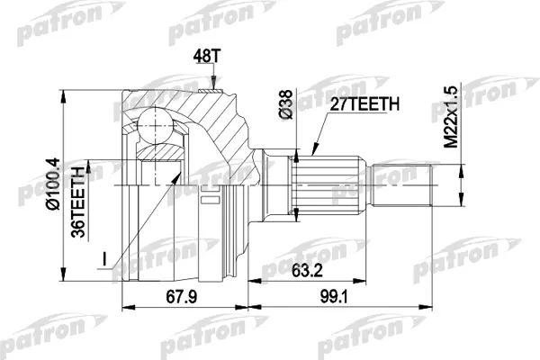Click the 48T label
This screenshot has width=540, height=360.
(x=206, y=57)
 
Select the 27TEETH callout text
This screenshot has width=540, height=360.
(x=364, y=104)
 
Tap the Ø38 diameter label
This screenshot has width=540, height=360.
(x=286, y=104)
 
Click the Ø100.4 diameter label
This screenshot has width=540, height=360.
(x=53, y=184)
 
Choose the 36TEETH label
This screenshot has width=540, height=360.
(x=78, y=202)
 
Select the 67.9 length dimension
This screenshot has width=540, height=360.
(x=182, y=297)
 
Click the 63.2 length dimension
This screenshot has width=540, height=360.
(x=307, y=271)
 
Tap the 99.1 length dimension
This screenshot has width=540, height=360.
(x=334, y=297)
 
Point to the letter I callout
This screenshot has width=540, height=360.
(x=103, y=259)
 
